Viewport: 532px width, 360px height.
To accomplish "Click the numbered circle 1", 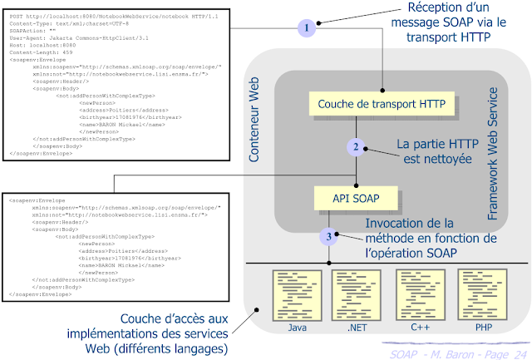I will coord(307,27).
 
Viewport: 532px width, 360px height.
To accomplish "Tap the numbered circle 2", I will coord(356,147).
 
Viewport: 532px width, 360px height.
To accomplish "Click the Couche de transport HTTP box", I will coord(377,105).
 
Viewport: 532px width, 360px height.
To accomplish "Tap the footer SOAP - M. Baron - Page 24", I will coord(456,352).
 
